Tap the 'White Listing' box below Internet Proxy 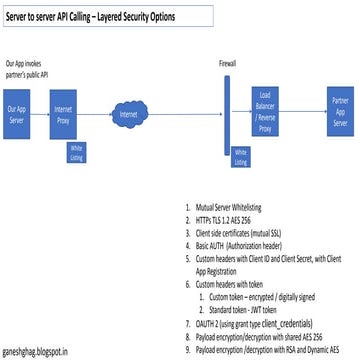pos(77,150)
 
